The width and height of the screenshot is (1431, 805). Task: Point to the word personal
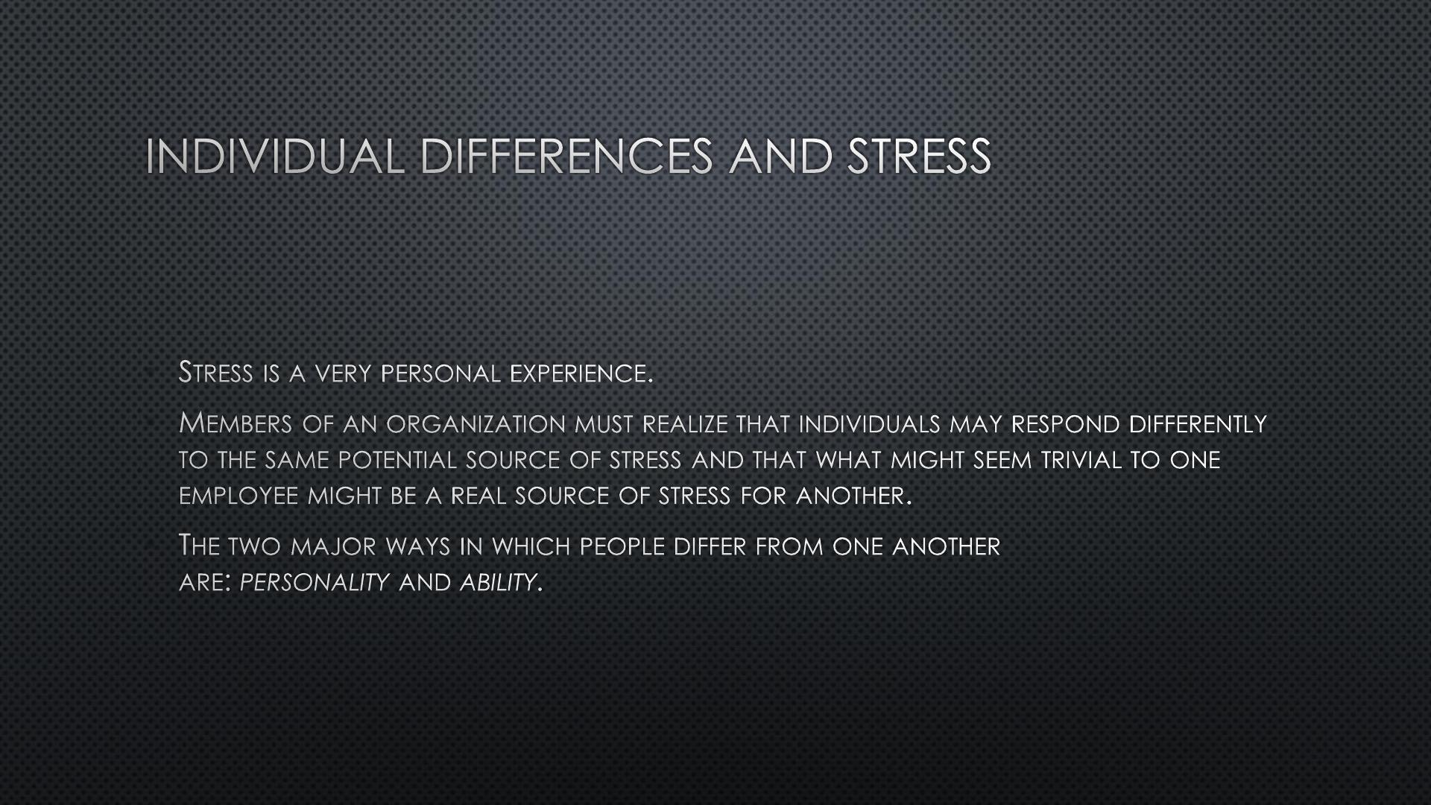[x=440, y=373]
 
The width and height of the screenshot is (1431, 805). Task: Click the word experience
[x=581, y=373]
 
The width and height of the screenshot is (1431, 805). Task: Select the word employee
[x=238, y=496]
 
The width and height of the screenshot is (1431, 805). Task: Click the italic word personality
[x=315, y=582]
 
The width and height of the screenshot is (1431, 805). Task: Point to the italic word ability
[x=498, y=582]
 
